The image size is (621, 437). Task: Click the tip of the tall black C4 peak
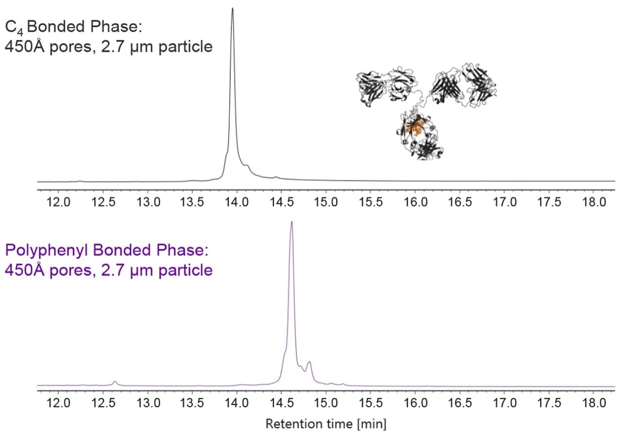coord(232,9)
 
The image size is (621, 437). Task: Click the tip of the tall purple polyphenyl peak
coord(292,222)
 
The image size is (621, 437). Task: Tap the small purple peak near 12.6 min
coord(115,382)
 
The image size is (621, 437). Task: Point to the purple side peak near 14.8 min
coord(309,362)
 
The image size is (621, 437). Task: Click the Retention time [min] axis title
coord(326,424)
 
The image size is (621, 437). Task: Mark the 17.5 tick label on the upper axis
coord(550,202)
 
